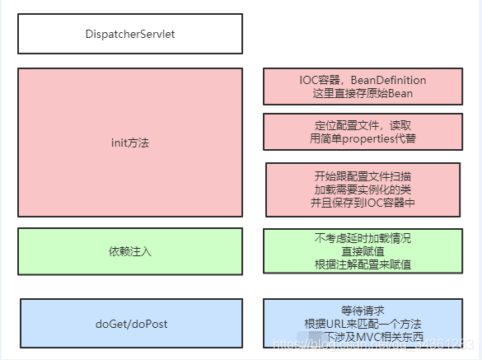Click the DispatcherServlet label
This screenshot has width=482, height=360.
click(x=130, y=34)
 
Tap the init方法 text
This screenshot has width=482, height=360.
click(x=130, y=143)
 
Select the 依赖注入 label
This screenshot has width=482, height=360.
click(x=130, y=250)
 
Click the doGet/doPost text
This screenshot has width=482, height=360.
click(x=131, y=323)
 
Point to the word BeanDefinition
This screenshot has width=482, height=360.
click(x=388, y=80)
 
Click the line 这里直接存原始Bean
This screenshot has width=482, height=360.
click(x=362, y=93)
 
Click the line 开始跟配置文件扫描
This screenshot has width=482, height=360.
click(x=362, y=176)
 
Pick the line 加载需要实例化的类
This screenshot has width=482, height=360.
click(x=362, y=189)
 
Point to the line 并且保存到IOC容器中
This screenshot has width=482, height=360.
click(x=362, y=203)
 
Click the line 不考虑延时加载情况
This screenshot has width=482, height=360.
click(x=362, y=238)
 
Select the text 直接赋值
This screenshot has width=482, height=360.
click(x=362, y=251)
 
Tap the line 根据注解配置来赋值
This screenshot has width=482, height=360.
click(x=362, y=264)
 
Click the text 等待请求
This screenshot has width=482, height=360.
click(x=362, y=310)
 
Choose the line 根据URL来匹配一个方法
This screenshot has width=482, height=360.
click(x=362, y=323)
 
